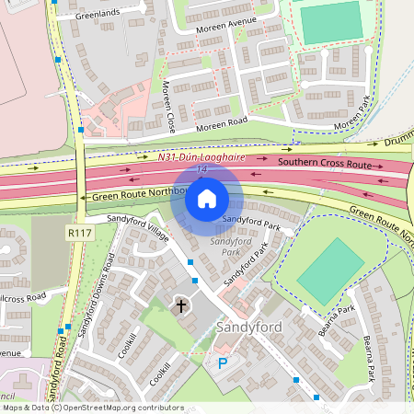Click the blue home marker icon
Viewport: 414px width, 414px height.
tap(207, 199)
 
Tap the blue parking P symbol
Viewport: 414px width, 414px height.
tap(222, 364)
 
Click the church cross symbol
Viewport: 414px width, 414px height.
tap(181, 305)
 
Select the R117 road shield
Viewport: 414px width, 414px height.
tap(78, 235)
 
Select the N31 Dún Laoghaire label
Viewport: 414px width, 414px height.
tap(201, 157)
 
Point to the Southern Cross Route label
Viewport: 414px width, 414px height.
tap(324, 164)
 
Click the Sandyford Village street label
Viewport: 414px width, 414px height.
tap(138, 233)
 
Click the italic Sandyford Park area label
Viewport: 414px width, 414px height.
tap(224, 247)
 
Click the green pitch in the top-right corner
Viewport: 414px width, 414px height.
tap(332, 23)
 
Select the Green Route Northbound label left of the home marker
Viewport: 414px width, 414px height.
tap(133, 196)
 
